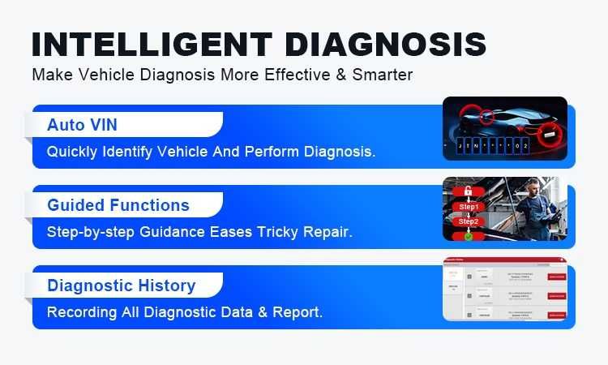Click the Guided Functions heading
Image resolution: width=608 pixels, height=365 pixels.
click(x=118, y=205)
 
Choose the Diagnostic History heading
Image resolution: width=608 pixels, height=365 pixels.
click(x=121, y=286)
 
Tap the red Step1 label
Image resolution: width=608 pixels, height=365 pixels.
click(x=469, y=207)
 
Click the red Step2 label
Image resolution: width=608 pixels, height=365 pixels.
click(x=469, y=221)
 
